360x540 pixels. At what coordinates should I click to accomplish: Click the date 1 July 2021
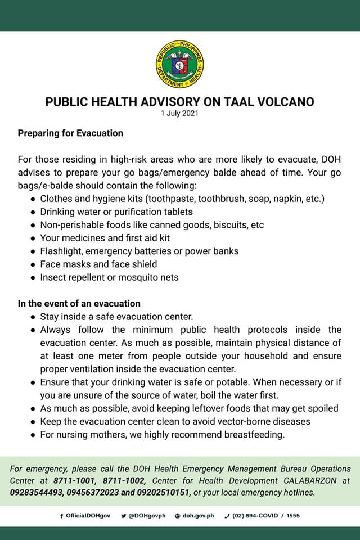(179, 113)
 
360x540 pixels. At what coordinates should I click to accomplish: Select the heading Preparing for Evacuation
(70, 133)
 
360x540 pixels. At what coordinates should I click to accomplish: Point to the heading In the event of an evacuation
(79, 304)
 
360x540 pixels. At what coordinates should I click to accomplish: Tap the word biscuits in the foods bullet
(229, 225)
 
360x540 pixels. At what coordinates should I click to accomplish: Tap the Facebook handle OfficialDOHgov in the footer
(87, 516)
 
